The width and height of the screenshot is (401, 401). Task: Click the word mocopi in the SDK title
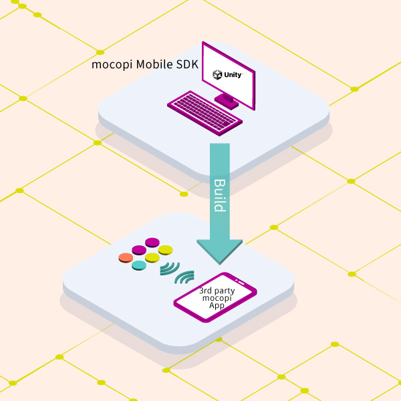pyautogui.click(x=109, y=65)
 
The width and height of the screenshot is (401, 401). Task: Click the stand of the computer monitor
pyautogui.click(x=227, y=101)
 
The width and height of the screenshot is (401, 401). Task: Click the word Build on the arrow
pyautogui.click(x=219, y=194)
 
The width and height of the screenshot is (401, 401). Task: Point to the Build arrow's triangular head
pyautogui.click(x=219, y=251)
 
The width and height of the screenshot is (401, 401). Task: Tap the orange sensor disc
pyautogui.click(x=126, y=258)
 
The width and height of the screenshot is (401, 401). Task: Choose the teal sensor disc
pyautogui.click(x=139, y=265)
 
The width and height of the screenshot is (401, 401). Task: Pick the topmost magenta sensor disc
pyautogui.click(x=153, y=243)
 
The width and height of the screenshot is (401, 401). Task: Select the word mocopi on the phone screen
pyautogui.click(x=216, y=299)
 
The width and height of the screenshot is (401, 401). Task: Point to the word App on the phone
pyautogui.click(x=216, y=306)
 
